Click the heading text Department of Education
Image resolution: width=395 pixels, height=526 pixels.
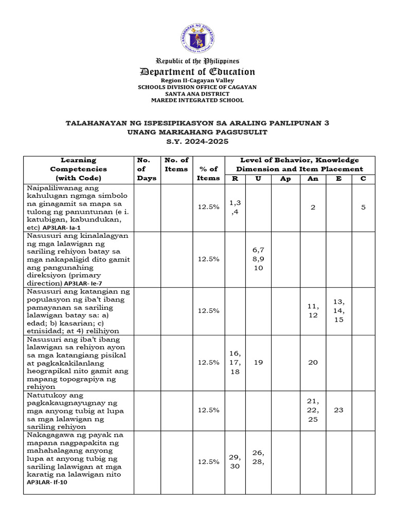tap(197, 72)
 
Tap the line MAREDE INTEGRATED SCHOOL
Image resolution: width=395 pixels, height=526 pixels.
tap(197, 100)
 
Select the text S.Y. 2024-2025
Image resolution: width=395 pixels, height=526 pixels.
tap(197, 141)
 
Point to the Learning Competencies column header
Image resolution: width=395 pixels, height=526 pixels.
tap(78, 169)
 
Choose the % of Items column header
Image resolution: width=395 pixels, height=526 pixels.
tap(208, 173)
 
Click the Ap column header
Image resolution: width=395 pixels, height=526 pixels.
tap(285, 179)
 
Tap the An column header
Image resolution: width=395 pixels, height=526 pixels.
tap(313, 179)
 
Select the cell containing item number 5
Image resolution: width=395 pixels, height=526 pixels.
tap(363, 207)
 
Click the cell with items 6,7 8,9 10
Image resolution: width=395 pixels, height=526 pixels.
tap(258, 259)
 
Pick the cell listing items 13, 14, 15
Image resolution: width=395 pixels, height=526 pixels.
tap(338, 310)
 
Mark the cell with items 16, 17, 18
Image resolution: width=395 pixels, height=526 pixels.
tap(235, 362)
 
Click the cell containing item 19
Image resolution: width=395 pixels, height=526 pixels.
tap(258, 362)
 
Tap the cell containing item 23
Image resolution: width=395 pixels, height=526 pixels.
tap(338, 410)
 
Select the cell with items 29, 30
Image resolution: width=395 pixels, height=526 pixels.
tap(235, 461)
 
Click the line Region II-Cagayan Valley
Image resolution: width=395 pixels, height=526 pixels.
tap(197, 80)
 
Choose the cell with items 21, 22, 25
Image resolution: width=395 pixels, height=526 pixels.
tap(313, 410)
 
